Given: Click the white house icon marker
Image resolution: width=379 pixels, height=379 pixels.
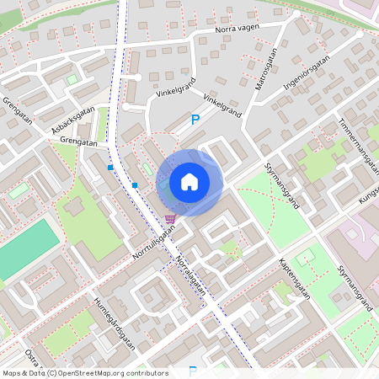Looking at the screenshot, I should [189, 181].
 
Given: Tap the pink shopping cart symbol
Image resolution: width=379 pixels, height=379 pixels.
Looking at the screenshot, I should [170, 219].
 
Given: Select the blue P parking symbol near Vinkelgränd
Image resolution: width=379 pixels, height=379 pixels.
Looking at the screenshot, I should [195, 120].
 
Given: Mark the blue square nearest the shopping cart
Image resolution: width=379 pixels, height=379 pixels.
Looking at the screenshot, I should [135, 184].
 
